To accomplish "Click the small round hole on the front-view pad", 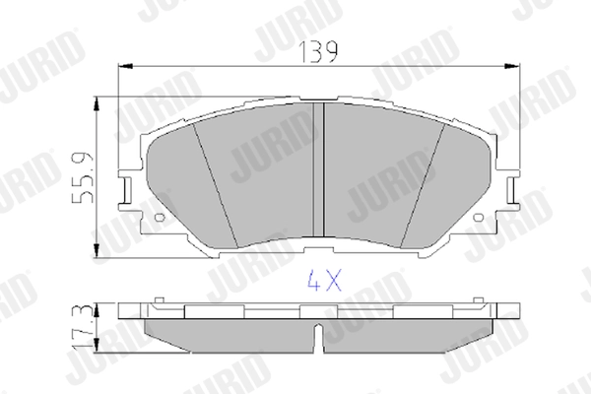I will tap(161, 214).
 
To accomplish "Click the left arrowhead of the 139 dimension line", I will tap(123, 65).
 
